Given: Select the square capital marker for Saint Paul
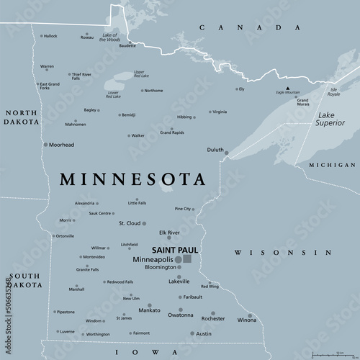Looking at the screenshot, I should [x=187, y=258].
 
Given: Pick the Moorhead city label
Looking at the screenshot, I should [x=61, y=145].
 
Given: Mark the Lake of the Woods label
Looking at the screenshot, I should [x=110, y=37].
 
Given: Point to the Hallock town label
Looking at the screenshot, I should [x=49, y=36].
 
